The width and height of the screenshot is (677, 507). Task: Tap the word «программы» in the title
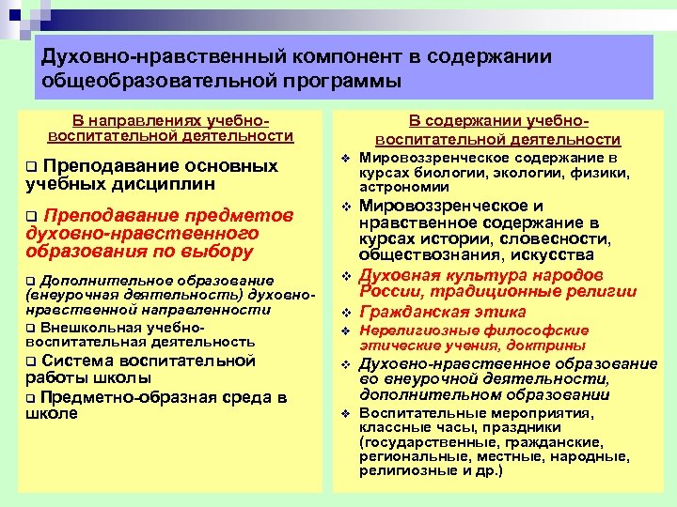328,81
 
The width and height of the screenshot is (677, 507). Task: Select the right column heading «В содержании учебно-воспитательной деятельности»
497,131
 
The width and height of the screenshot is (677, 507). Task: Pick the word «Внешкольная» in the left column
80,327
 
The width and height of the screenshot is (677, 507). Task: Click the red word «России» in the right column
392,292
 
